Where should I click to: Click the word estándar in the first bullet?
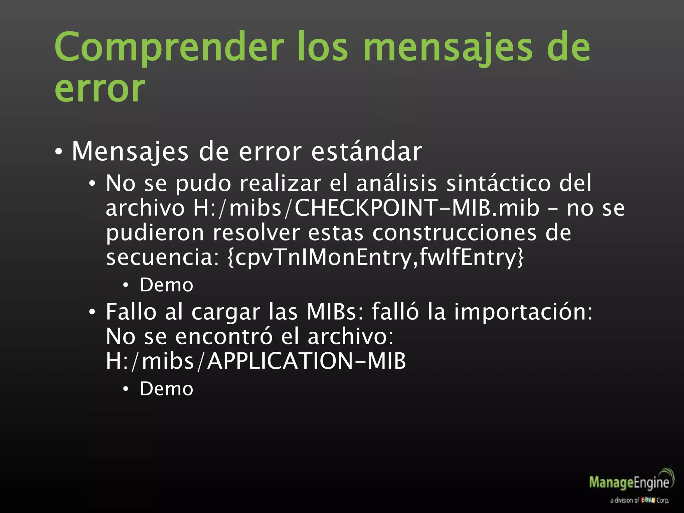click(x=366, y=151)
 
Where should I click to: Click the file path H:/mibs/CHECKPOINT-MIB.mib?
click(x=366, y=208)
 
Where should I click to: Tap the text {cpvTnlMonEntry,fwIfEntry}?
click(x=375, y=257)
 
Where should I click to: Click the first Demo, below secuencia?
click(x=166, y=285)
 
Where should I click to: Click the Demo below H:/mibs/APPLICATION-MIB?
click(x=166, y=389)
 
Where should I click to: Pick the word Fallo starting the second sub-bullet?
click(x=131, y=312)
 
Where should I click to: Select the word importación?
click(x=523, y=312)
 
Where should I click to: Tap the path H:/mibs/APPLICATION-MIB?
click(x=256, y=361)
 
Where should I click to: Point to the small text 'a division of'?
click(x=624, y=500)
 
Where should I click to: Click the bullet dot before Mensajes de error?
click(x=59, y=152)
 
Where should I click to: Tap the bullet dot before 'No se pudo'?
click(x=92, y=184)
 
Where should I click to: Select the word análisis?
click(x=396, y=183)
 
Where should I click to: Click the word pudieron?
click(x=155, y=232)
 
